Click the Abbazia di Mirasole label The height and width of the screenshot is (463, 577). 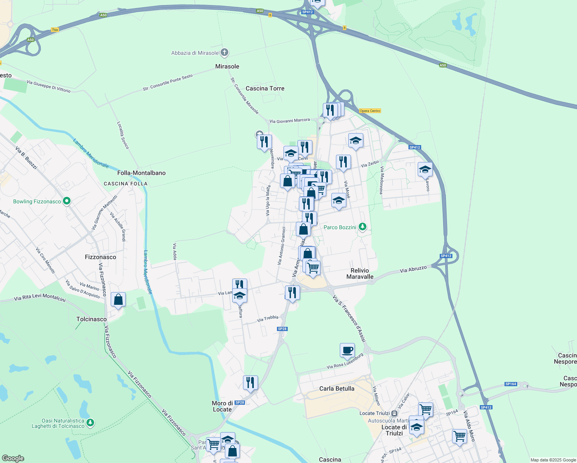tap(195, 53)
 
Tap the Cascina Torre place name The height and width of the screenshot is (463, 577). tap(265, 88)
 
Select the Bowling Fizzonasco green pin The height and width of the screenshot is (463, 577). tap(67, 201)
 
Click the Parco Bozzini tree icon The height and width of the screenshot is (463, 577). tap(362, 227)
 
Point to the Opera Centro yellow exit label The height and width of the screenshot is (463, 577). tap(370, 111)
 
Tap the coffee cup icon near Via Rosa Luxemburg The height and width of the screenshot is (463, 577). tap(347, 350)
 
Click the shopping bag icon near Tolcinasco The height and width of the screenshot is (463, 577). tap(118, 299)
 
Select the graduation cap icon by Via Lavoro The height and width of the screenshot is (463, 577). tap(425, 169)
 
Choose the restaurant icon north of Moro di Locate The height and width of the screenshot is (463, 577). tap(250, 383)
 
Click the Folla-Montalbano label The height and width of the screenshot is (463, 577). tap(141, 173)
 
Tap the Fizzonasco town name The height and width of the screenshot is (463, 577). tap(100, 257)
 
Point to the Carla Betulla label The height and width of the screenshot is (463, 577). tap(337, 389)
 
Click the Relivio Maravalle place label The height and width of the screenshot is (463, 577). tap(360, 274)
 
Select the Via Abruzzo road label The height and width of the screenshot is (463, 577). tap(413, 269)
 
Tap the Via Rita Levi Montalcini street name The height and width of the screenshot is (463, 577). tap(40, 297)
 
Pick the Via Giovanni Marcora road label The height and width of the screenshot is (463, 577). tap(289, 121)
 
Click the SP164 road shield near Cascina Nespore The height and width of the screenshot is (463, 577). tap(511, 384)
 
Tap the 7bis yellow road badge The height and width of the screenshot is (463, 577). tap(55, 30)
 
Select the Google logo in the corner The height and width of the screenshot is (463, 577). tap(13, 458)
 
